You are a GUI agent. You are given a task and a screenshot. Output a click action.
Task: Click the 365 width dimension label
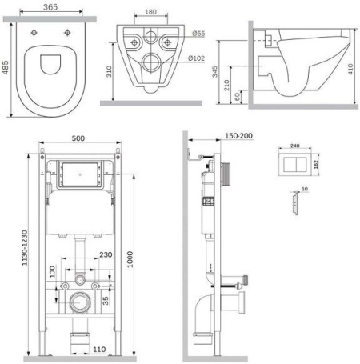pyautogui.click(x=50, y=7)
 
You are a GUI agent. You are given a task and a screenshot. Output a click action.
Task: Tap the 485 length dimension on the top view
pyautogui.click(x=6, y=68)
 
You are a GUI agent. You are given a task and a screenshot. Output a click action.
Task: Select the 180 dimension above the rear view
pyautogui.click(x=150, y=12)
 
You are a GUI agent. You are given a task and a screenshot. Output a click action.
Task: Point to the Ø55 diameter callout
pyautogui.click(x=198, y=34)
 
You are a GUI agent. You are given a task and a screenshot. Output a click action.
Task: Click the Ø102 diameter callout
pyautogui.click(x=196, y=58)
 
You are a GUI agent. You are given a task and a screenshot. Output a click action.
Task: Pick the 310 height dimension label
pyautogui.click(x=109, y=71)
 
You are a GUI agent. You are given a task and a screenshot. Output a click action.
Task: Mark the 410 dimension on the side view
pyautogui.click(x=350, y=69)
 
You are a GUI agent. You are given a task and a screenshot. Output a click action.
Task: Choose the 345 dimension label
pyautogui.click(x=214, y=72)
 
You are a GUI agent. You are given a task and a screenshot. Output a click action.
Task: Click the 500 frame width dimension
pyautogui.click(x=78, y=138)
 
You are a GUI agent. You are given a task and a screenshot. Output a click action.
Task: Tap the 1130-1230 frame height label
pyautogui.click(x=25, y=248)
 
